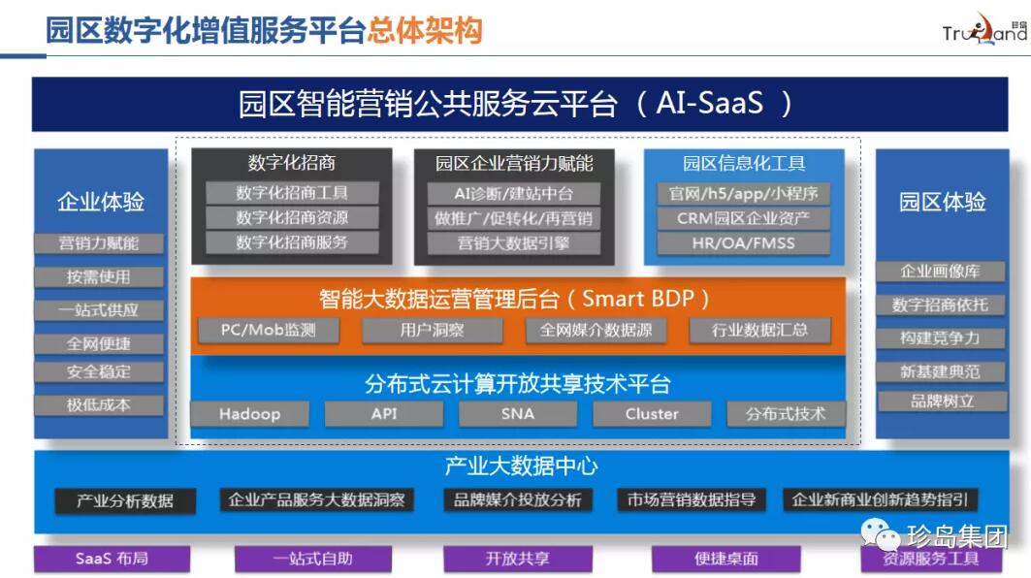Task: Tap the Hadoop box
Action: [x=249, y=414]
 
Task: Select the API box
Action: [x=383, y=414]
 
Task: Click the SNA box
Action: [x=517, y=414]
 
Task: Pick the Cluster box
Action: [x=652, y=414]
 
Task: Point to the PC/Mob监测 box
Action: [x=268, y=330]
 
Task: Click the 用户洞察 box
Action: [x=432, y=330]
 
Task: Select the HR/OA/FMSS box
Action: [x=743, y=242]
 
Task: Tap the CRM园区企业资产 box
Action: [x=743, y=218]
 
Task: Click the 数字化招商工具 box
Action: [x=292, y=193]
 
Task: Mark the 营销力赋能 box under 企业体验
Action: [x=99, y=243]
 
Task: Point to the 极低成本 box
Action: [x=99, y=404]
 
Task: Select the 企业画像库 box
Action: [x=940, y=271]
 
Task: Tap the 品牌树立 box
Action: [x=940, y=401]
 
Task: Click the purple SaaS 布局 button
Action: [x=112, y=559]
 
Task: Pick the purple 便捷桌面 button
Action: [x=726, y=559]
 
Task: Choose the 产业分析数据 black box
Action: [x=125, y=500]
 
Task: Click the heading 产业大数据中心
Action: [x=521, y=466]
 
